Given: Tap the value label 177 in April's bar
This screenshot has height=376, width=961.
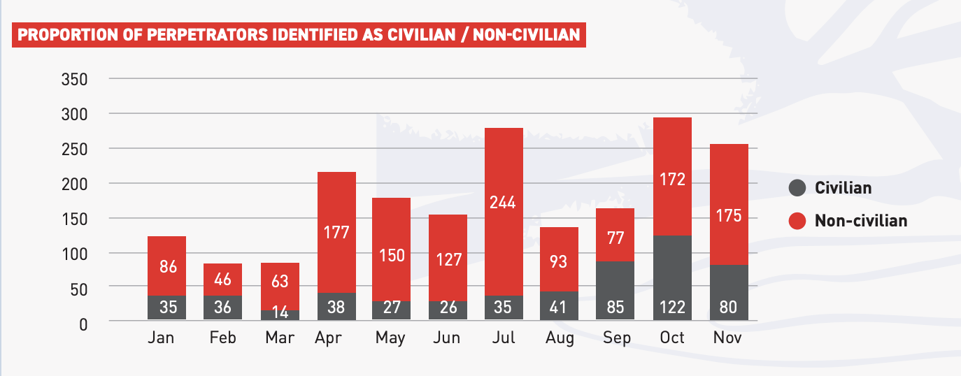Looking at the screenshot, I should pos(336,231).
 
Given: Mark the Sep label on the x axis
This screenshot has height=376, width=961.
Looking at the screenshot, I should pos(616,338).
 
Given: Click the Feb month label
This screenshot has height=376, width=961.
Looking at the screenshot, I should pos(223,338).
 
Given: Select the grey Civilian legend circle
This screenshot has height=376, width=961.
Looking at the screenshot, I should pos(797,188).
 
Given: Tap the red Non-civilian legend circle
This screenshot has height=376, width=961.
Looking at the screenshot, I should pos(797,221).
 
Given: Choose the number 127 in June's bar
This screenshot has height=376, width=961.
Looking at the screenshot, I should pos(448,259).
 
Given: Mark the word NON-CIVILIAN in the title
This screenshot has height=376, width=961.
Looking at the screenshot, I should pos(527,34).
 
